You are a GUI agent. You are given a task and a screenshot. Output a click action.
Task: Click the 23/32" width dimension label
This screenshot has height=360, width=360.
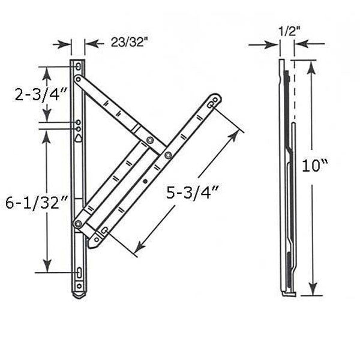[128, 43]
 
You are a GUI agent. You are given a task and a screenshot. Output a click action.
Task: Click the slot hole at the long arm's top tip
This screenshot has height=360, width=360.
[211, 104]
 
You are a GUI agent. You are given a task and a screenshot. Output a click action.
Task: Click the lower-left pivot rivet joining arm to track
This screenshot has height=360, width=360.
[77, 224]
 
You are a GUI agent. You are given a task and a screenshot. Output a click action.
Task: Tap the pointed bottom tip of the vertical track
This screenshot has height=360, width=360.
[79, 296]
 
